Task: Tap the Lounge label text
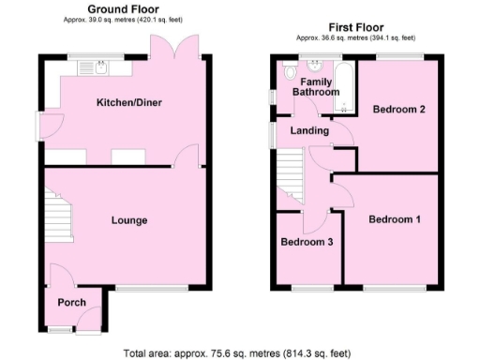coord(129,220)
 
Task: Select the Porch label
coord(71,303)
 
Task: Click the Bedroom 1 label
coord(394,220)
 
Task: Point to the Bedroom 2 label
coord(399,110)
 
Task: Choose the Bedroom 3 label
coord(307,242)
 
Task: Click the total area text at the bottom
coord(237,353)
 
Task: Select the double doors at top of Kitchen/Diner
coord(178,47)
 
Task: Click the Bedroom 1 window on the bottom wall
coord(394,288)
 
